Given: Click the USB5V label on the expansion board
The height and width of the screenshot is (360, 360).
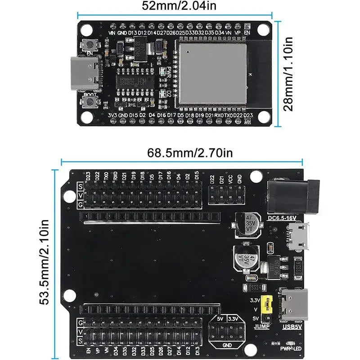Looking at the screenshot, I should click(x=292, y=327).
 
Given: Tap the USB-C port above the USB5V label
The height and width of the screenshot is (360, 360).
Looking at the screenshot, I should click(x=295, y=304).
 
